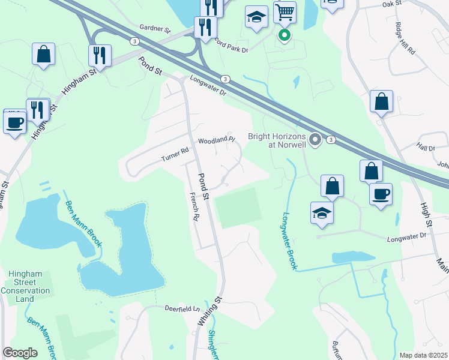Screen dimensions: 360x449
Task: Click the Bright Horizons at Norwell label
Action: coord(277,140)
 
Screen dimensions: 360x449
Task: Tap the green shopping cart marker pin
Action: coord(285,35)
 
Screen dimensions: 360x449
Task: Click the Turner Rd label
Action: coord(175,157)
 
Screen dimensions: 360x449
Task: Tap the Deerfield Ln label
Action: coord(182,308)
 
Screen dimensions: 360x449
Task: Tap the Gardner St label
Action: coord(155,28)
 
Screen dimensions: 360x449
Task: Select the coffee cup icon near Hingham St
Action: coord(14,122)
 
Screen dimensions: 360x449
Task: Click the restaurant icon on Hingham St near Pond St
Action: coord(100,56)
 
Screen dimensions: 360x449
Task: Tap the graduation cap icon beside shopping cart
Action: coord(256,17)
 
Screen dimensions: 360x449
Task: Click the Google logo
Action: coord(20,353)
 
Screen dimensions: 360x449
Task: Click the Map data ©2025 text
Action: coord(423,355)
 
